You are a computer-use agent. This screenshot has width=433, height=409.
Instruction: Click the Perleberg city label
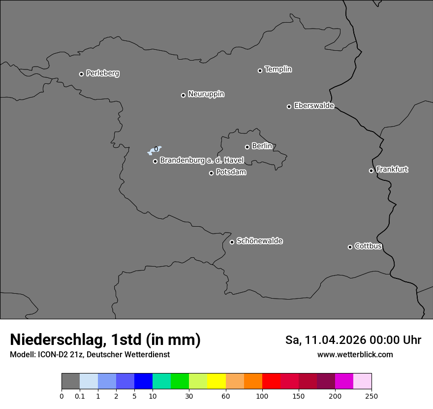click(x=102, y=73)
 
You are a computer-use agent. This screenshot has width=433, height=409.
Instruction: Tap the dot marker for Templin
click(x=260, y=70)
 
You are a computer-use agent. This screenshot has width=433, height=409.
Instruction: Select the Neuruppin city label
click(x=206, y=94)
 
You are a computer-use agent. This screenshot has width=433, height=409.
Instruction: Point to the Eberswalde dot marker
click(x=289, y=106)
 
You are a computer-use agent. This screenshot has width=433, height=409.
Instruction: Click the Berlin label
click(x=262, y=146)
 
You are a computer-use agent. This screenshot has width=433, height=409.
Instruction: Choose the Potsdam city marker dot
click(x=211, y=173)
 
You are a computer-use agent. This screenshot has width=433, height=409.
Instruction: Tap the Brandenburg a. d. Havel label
click(x=202, y=161)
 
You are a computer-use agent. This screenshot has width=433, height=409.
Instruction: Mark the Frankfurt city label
click(x=392, y=170)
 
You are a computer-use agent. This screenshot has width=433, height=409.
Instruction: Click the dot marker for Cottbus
click(x=350, y=247)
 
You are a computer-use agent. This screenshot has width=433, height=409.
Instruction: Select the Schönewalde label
click(x=259, y=241)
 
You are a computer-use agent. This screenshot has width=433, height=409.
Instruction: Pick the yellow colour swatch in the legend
click(x=216, y=381)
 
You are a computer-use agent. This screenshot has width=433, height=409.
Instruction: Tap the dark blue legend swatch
click(x=143, y=381)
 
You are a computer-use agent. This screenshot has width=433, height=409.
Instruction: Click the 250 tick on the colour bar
click(x=371, y=396)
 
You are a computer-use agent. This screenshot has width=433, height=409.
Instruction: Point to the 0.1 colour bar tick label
click(x=80, y=396)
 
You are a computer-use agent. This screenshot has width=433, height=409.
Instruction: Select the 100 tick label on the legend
click(x=262, y=396)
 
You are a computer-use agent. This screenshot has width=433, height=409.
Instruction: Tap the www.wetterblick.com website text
click(x=355, y=355)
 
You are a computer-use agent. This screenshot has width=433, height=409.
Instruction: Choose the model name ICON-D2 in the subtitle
click(x=52, y=355)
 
